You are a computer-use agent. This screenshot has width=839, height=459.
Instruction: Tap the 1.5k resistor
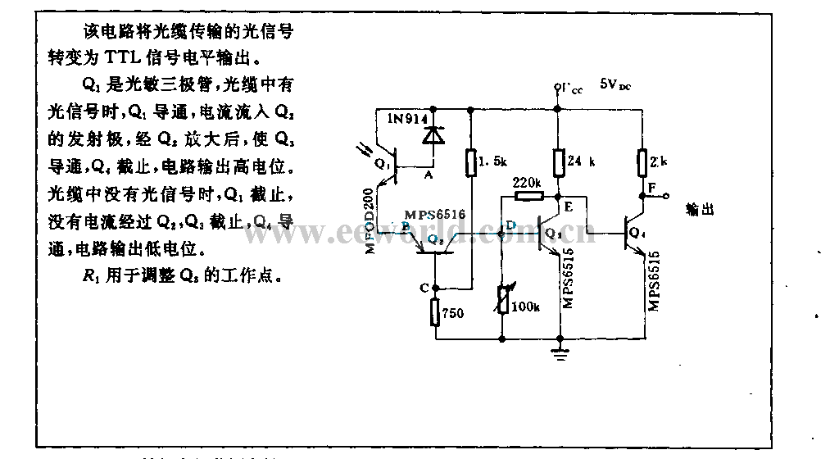pos(473,162)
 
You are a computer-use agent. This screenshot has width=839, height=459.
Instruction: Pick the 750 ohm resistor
pos(435,312)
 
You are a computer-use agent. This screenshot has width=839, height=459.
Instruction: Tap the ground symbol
pos(560,353)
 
